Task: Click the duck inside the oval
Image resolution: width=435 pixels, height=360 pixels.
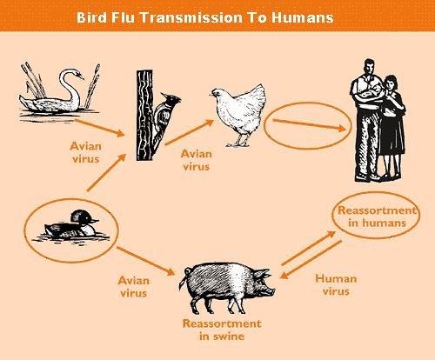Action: [70, 225]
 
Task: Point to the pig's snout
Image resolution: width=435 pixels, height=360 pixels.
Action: [271, 291]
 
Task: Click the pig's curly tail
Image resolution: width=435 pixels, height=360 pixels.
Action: [184, 277]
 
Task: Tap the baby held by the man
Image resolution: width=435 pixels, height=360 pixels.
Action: [372, 90]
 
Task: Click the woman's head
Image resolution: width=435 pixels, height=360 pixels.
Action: [391, 83]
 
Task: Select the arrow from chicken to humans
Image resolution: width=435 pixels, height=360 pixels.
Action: [309, 124]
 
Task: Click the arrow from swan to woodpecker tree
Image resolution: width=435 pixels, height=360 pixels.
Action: [100, 128]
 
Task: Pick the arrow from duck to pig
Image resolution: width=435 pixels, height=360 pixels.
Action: [145, 261]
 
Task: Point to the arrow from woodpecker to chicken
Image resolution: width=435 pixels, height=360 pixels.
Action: [190, 132]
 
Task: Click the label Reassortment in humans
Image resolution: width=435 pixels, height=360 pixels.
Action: [377, 217]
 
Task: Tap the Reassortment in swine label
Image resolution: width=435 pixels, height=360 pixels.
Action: [222, 330]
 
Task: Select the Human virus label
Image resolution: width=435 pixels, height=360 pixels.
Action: [336, 284]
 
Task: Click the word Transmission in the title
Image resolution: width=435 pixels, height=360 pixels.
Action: [191, 17]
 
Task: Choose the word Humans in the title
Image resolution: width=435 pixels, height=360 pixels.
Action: [303, 17]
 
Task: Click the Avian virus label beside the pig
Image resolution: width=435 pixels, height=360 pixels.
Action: [133, 286]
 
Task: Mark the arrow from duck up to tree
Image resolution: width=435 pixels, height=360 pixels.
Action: [106, 173]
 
